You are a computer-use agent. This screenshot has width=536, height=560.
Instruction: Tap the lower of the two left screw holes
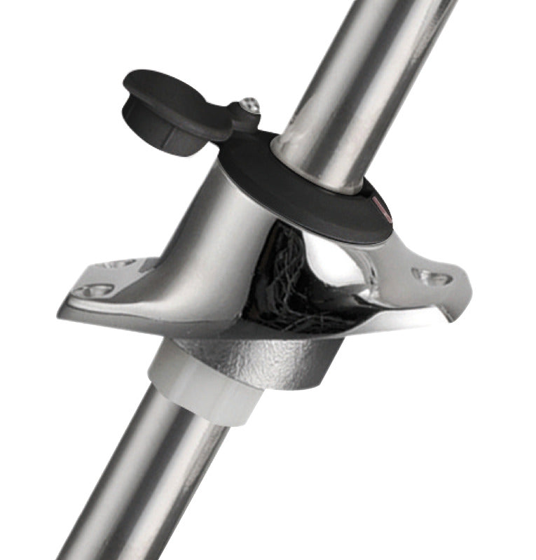click(x=93, y=289)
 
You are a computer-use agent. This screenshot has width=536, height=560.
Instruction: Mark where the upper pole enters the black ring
click(x=308, y=168)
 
